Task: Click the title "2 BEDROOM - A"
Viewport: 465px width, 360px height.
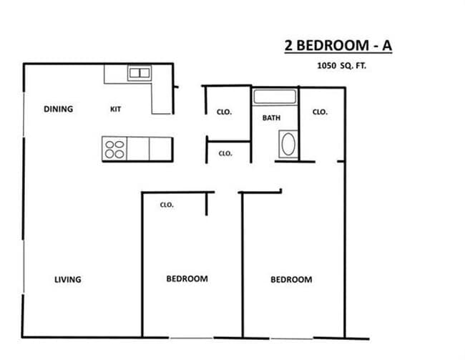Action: click(x=338, y=47)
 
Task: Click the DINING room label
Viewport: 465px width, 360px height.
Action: click(x=59, y=110)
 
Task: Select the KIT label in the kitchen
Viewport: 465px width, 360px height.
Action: click(x=116, y=110)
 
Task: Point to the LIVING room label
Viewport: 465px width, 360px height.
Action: click(x=68, y=279)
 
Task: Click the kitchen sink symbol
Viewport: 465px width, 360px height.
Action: click(x=139, y=72)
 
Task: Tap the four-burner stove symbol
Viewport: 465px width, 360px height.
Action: click(x=114, y=149)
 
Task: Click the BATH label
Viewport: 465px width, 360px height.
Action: click(x=271, y=118)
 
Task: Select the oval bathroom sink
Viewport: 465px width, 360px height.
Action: click(x=288, y=145)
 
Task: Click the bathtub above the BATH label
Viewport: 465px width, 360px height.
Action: click(x=275, y=97)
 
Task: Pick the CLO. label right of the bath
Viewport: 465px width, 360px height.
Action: click(x=320, y=112)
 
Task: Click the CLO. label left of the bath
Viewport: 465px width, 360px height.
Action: click(x=224, y=112)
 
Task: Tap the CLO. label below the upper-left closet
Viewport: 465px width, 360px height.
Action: click(x=225, y=153)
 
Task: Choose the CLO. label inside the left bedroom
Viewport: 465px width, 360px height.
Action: click(x=167, y=205)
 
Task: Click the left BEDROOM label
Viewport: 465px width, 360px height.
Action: click(x=187, y=278)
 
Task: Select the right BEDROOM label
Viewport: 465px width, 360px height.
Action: click(x=291, y=279)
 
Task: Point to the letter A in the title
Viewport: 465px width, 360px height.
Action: click(x=386, y=47)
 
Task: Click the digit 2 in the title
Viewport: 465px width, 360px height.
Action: click(x=289, y=47)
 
